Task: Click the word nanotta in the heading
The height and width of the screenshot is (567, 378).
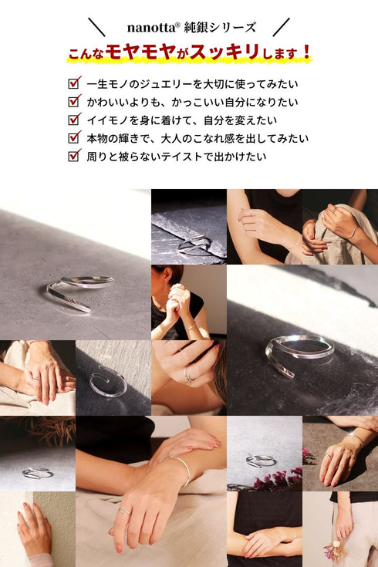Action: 151,28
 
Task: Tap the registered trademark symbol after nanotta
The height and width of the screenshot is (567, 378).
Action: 177,25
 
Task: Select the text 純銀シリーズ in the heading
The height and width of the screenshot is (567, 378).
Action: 220,28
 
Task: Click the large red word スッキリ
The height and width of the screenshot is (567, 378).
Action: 224,52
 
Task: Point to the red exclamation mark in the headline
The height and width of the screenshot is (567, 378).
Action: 307,52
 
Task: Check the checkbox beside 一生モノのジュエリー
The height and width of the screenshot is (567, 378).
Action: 74,83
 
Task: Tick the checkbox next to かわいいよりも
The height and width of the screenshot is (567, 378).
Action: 74,101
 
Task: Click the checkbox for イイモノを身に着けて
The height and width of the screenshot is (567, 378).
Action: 74,120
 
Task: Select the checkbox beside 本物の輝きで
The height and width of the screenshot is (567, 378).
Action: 74,137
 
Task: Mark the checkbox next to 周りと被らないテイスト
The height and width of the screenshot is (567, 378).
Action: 74,156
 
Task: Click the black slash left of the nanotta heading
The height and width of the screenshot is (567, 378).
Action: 96,27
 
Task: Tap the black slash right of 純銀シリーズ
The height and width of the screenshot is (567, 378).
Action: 281,27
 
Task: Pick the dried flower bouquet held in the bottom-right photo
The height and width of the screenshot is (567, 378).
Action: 335,548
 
